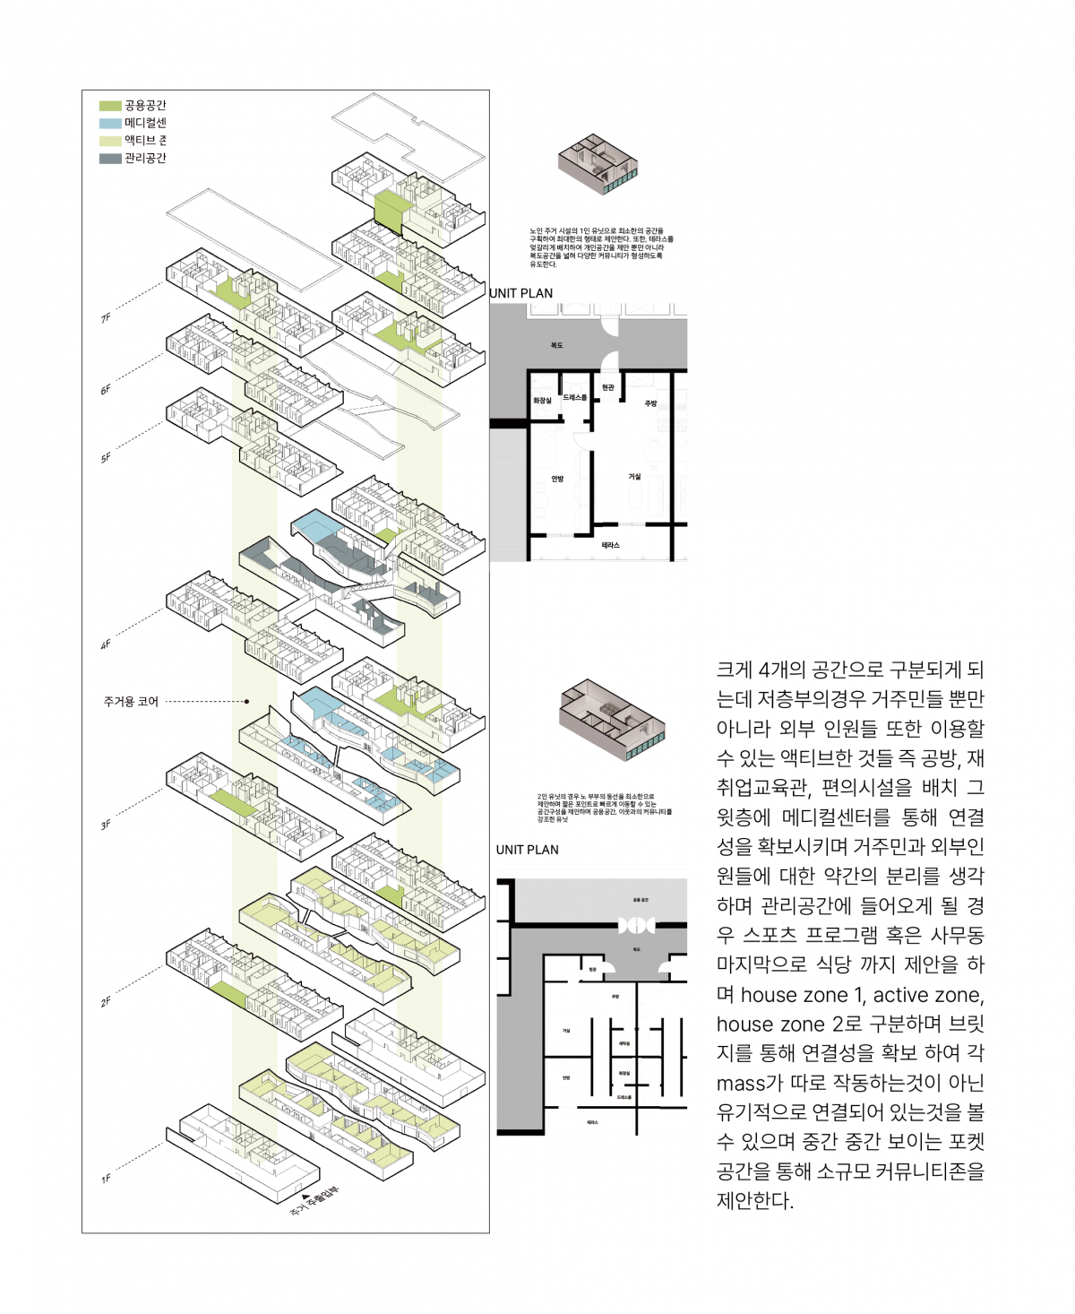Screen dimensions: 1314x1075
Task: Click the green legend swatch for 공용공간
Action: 110,106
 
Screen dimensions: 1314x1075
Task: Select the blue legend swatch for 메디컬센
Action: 110,123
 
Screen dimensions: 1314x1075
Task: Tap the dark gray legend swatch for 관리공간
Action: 110,159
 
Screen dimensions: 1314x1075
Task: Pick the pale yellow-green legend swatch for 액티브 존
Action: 110,141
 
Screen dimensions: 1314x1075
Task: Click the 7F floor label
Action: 106,318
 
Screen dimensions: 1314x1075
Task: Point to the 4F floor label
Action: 106,644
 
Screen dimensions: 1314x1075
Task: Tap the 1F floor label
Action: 106,1179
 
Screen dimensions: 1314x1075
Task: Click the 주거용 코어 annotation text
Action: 131,702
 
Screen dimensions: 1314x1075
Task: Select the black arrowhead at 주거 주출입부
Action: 305,1197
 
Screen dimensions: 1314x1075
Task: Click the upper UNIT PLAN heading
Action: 520,293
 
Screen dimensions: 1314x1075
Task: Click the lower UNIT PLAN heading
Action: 527,850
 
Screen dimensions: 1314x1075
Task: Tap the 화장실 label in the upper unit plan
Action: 542,401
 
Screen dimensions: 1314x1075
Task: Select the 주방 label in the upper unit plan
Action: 650,403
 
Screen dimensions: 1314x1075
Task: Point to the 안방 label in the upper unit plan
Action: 557,480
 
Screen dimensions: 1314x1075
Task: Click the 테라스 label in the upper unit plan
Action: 610,545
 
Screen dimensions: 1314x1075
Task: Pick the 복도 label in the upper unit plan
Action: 556,345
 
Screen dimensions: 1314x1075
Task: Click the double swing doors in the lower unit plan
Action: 637,925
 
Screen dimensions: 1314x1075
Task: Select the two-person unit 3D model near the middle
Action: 612,719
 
